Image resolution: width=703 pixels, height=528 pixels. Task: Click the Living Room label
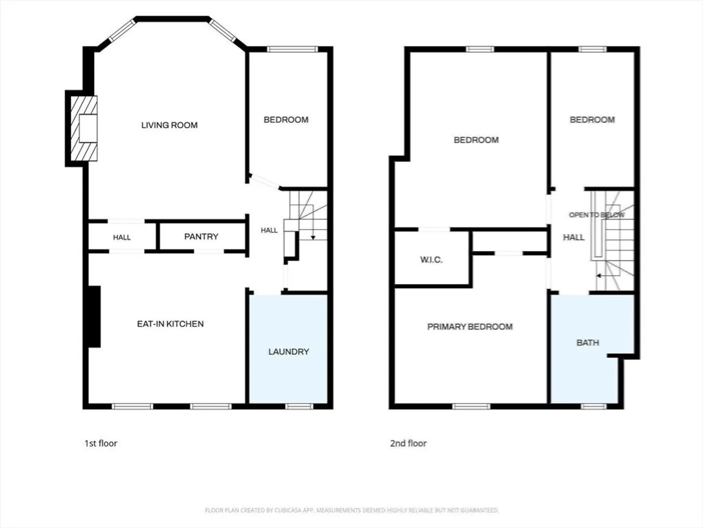click(169, 125)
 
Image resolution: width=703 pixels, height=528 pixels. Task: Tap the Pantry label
click(201, 237)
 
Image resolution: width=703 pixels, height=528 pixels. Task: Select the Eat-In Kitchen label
click(170, 324)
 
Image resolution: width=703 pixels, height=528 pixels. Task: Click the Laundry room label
click(289, 352)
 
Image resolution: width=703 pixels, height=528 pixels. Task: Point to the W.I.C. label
click(431, 260)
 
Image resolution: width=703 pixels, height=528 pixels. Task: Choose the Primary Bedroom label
click(470, 327)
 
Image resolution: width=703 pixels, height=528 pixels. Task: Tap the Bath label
click(588, 343)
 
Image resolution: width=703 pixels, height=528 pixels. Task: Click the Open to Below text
click(597, 215)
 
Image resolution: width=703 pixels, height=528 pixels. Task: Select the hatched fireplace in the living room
click(84, 128)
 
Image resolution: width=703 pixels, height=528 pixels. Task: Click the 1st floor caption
click(101, 443)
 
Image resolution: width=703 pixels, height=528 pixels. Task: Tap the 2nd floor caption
click(408, 443)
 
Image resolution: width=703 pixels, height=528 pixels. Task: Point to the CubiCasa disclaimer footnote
click(351, 510)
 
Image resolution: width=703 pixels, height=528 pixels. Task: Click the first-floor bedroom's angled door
click(265, 181)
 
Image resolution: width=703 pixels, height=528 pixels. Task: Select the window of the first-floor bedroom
click(292, 49)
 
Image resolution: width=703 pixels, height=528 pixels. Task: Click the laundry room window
click(299, 406)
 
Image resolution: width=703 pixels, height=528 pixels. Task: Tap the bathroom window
click(594, 406)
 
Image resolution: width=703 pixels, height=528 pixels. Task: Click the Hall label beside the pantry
click(122, 238)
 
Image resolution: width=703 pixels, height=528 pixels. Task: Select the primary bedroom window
click(471, 406)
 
